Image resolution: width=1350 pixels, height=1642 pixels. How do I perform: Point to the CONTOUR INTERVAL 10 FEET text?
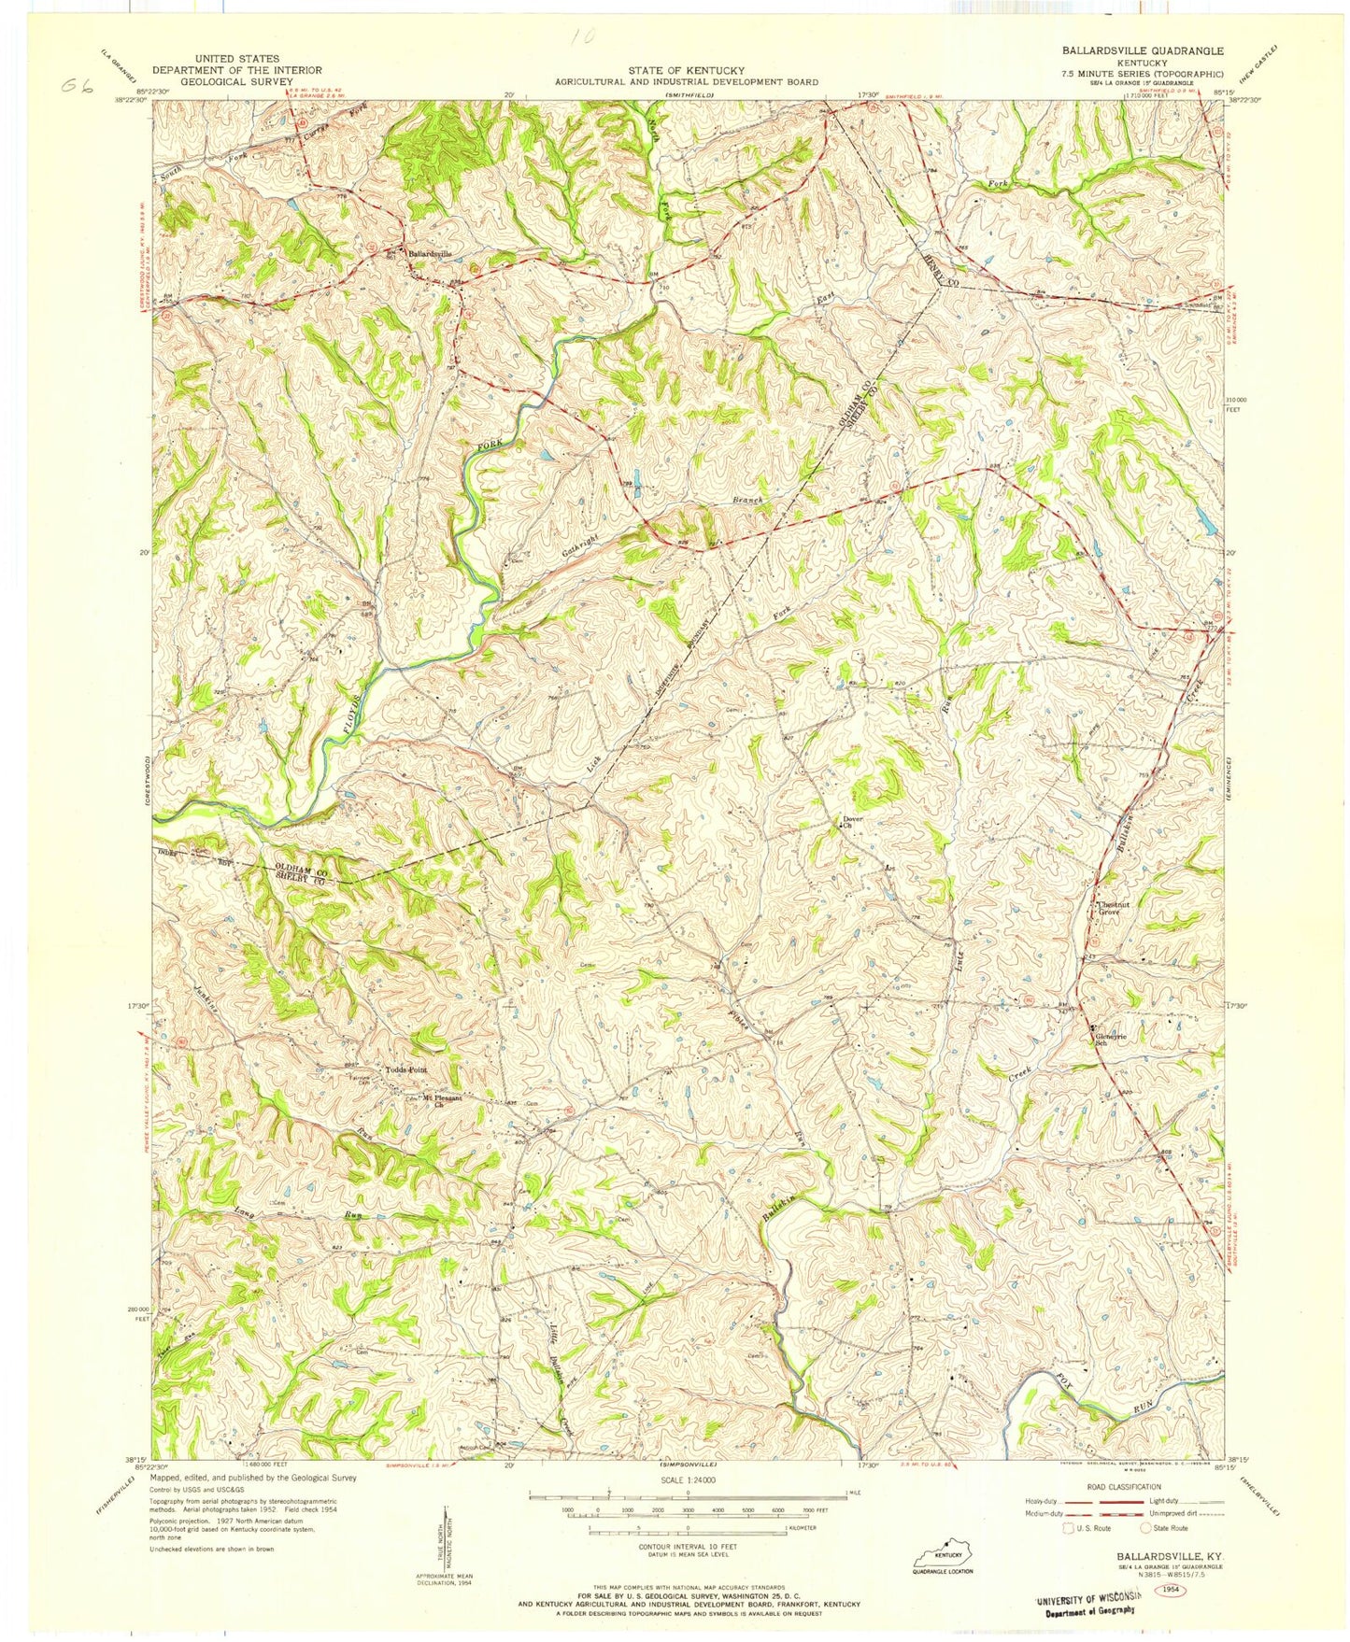point(687,1548)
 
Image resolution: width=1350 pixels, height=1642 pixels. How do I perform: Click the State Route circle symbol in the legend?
point(1148,1528)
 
